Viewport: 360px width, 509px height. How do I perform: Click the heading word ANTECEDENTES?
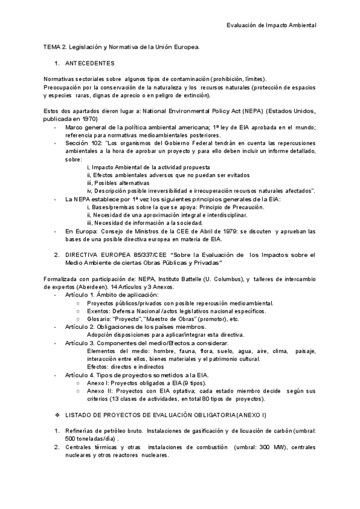89,62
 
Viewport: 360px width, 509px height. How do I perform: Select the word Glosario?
100,319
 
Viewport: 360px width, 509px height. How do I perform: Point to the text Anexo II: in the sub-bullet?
100,391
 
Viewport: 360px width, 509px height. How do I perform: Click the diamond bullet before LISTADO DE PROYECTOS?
57,415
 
